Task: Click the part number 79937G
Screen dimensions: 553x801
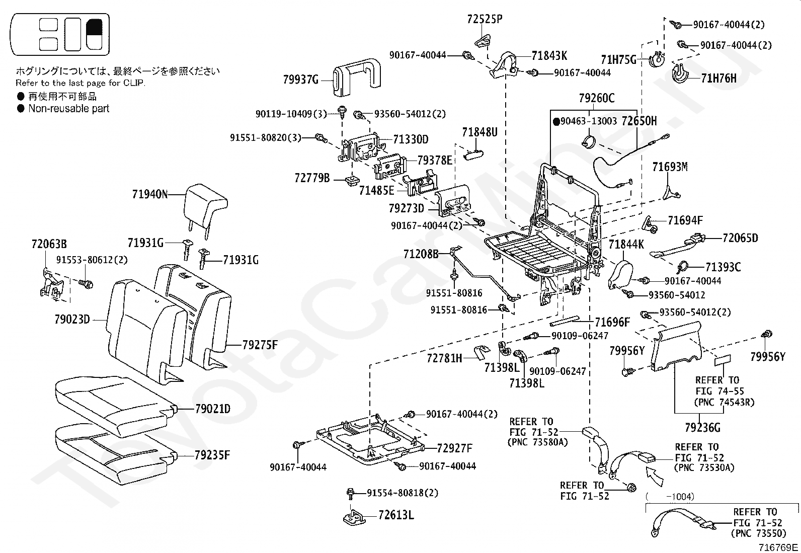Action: (301, 79)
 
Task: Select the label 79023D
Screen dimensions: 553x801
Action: (72, 319)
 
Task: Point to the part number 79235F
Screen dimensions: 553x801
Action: (212, 455)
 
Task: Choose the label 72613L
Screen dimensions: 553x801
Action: (396, 515)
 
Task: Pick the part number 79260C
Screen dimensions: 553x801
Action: (596, 98)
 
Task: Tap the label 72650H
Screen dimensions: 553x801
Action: (639, 121)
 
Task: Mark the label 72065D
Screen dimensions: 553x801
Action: (740, 238)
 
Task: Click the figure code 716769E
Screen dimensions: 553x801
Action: (778, 547)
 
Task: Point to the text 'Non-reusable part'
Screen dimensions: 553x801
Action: (68, 108)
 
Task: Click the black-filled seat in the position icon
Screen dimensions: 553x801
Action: (95, 34)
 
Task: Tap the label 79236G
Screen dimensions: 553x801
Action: (702, 428)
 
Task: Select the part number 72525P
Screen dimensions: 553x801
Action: (485, 20)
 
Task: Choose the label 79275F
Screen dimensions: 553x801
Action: (260, 345)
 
